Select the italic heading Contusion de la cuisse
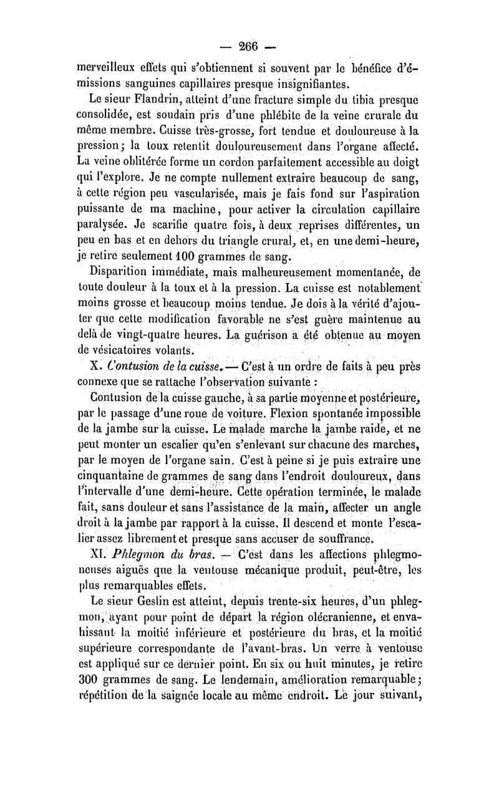(x=162, y=365)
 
